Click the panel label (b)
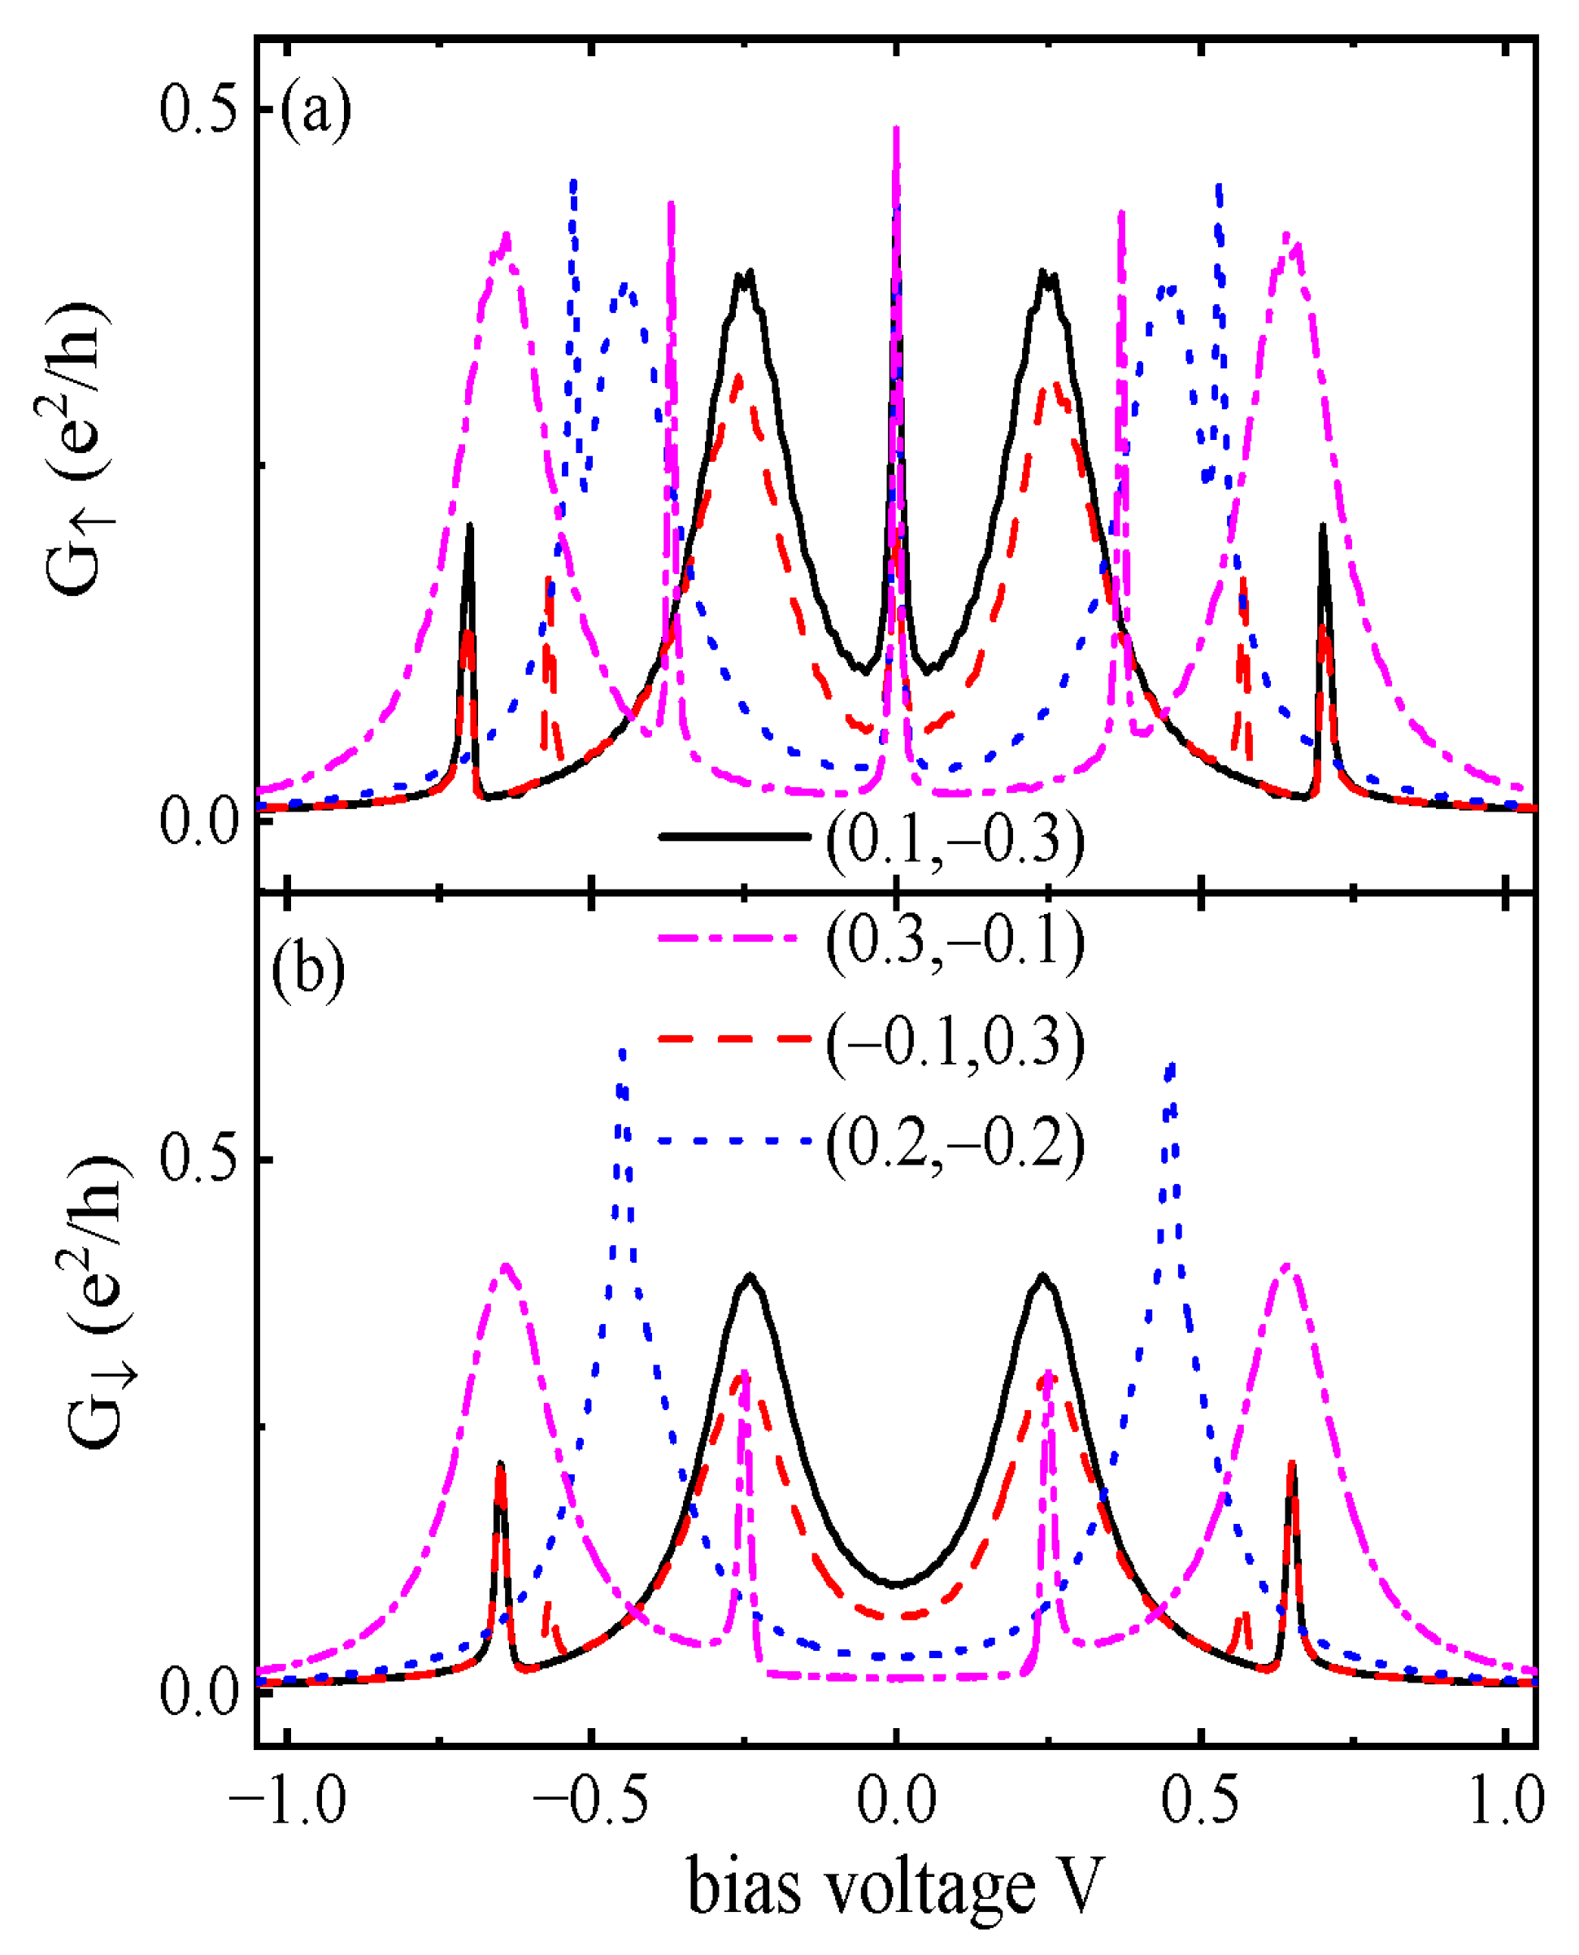coord(308,971)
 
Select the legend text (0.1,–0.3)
coord(955,838)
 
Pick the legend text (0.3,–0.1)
coord(955,941)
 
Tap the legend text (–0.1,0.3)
coord(955,1042)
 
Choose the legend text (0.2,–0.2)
coord(955,1143)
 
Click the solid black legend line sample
coord(733,836)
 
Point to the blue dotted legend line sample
coord(733,1140)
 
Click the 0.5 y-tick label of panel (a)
coord(198,110)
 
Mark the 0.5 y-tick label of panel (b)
coord(198,1159)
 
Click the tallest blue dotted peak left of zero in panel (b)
coord(622,1053)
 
